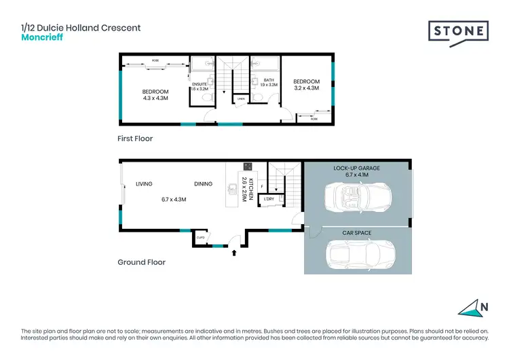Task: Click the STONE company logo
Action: coord(458,32)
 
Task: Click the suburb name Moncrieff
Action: coord(42,37)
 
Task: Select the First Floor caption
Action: coord(135,139)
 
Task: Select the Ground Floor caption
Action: coord(141,262)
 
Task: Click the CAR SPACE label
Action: coord(356,233)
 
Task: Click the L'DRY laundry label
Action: coord(269,199)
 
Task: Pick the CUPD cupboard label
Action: coord(201,238)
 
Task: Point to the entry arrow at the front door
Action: coord(235,253)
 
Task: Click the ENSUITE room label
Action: coord(199,86)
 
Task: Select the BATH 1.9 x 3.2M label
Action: coord(269,83)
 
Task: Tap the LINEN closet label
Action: coord(241,100)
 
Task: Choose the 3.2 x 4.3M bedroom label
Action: coord(307,86)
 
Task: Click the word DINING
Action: coord(202,184)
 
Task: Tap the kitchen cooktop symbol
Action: coord(248,167)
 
